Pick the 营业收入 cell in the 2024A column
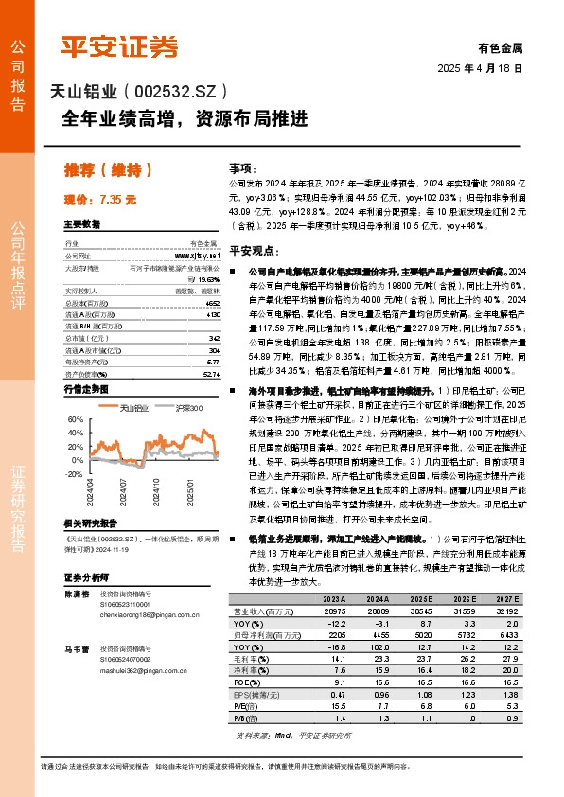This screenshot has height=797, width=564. pyautogui.click(x=379, y=612)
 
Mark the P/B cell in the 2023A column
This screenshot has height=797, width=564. pyautogui.click(x=337, y=717)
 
